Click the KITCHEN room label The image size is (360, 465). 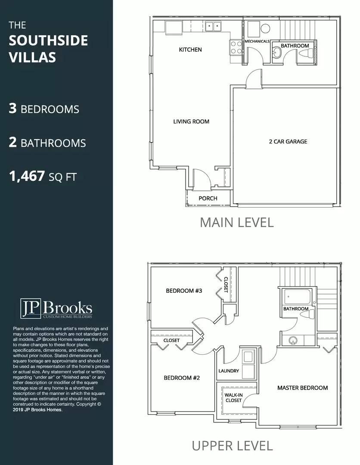point(190,50)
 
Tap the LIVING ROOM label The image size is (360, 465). point(191,121)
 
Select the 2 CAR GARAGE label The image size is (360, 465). point(288,142)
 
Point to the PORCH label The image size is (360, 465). point(208,198)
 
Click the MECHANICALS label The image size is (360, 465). point(257,41)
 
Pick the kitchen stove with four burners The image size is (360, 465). point(236,48)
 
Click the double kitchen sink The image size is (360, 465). point(213,27)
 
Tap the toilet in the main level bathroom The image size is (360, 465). point(306,54)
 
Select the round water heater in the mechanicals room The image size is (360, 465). point(265,28)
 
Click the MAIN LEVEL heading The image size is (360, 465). point(237,223)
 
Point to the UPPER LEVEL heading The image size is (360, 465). point(232,446)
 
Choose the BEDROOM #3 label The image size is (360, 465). point(184,291)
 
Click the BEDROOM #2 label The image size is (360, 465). point(182,378)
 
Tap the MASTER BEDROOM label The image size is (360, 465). point(302,387)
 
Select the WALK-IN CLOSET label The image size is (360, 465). point(234,398)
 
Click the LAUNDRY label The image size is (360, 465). point(229,371)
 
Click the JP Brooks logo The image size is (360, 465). point(56,308)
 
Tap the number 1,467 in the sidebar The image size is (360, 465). point(27,177)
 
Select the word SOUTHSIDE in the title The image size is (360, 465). point(48,40)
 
